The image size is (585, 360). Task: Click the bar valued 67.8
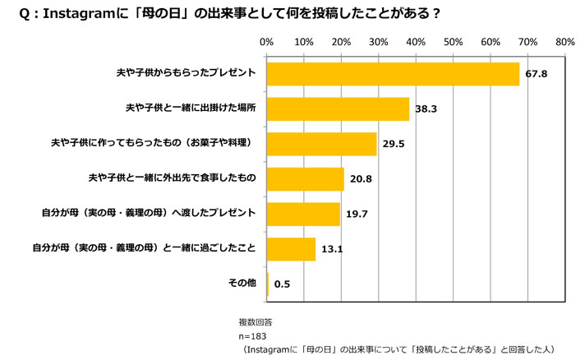[x=393, y=74]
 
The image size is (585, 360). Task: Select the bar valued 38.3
[x=338, y=108]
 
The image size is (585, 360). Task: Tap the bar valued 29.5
[x=321, y=144]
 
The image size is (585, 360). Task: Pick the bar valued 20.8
[x=305, y=178]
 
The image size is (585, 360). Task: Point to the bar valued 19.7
[x=303, y=214]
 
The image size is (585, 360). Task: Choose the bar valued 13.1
[x=291, y=248]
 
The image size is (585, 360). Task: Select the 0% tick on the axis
[x=266, y=40]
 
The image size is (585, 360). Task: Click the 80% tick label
[x=564, y=40]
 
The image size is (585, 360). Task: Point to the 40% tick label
[x=416, y=40]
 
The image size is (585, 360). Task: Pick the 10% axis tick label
[x=303, y=40]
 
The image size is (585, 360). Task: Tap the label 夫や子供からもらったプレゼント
[x=187, y=73]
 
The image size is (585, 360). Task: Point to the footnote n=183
[x=252, y=336]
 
